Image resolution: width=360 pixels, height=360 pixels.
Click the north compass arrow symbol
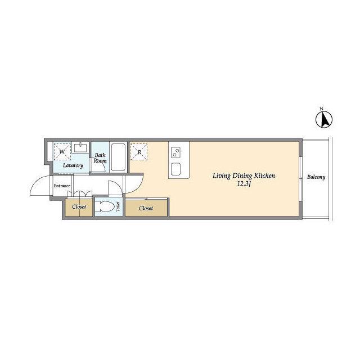click(324, 119)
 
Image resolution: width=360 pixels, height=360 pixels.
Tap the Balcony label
click(316, 177)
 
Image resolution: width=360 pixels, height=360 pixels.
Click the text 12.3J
click(244, 184)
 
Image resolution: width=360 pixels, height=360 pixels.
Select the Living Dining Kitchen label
click(244, 176)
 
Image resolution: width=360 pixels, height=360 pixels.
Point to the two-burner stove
click(176, 152)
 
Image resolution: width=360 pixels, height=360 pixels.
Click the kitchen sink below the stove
click(176, 169)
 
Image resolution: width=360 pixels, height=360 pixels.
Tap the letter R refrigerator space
click(139, 152)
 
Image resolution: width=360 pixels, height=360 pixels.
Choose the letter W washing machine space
click(62, 152)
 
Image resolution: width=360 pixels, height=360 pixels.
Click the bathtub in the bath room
click(118, 157)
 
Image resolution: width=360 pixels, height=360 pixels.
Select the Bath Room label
click(100, 158)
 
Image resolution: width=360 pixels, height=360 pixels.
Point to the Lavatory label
click(73, 165)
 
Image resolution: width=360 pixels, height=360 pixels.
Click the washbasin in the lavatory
click(80, 147)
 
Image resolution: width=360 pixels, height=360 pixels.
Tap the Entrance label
click(62, 186)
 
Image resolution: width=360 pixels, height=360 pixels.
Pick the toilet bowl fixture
click(105, 206)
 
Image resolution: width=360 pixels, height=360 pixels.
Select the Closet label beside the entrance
click(79, 207)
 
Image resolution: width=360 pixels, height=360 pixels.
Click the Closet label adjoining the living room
click(146, 208)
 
